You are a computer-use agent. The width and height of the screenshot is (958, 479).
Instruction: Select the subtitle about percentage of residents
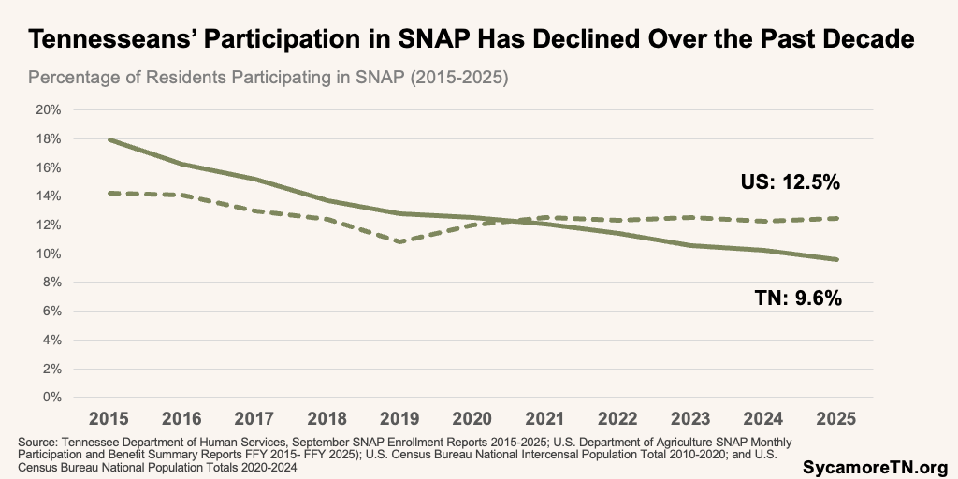coord(268,78)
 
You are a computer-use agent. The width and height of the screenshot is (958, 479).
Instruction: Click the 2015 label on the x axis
coord(109,417)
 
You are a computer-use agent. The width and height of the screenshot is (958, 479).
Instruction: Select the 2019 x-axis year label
coord(400,417)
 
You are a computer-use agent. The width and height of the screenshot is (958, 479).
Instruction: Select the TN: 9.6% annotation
coord(798,298)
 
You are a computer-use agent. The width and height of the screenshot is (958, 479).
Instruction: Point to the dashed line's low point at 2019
coord(400,241)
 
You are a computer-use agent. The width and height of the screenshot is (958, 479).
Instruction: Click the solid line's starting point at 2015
coord(109,139)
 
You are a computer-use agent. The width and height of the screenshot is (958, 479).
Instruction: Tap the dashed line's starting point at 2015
coord(109,193)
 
